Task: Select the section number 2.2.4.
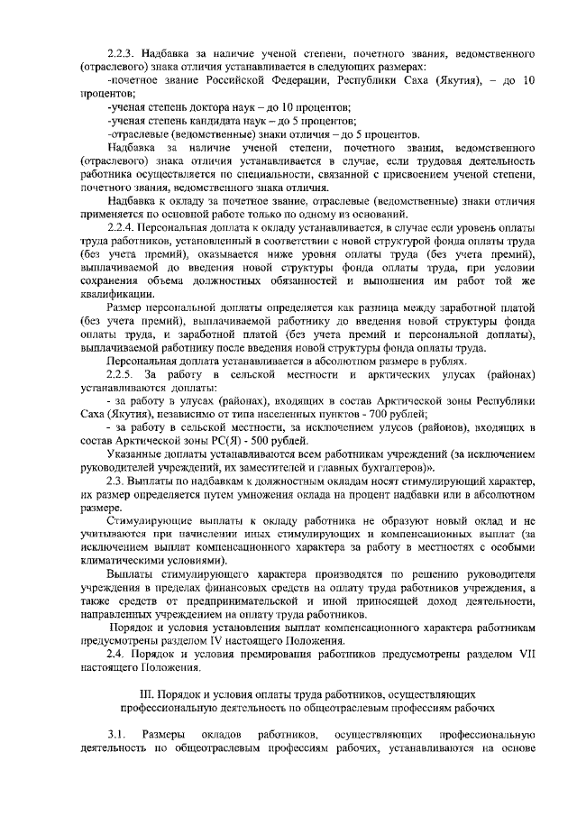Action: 121,225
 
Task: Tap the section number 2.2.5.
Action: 121,371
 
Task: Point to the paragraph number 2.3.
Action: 115,482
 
